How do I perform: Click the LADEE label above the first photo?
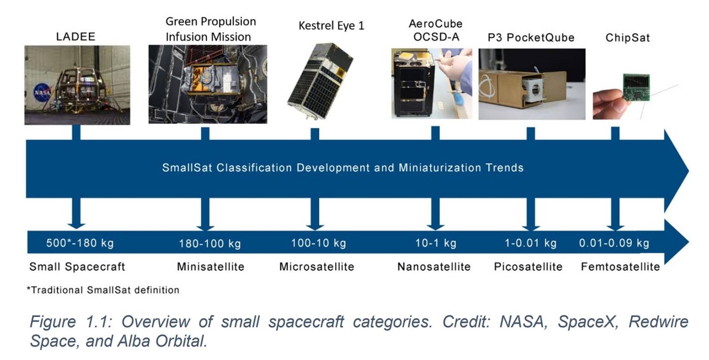(x=75, y=37)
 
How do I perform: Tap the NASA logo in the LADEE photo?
(x=42, y=93)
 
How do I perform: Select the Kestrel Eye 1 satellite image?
(x=320, y=81)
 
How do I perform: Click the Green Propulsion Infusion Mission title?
(x=210, y=29)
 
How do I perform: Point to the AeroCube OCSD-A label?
(x=436, y=31)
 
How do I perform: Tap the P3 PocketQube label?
(x=531, y=38)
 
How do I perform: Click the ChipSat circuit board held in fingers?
(x=637, y=88)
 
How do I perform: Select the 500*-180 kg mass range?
(x=80, y=243)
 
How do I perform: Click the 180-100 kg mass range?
(x=210, y=244)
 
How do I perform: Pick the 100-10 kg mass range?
(x=319, y=243)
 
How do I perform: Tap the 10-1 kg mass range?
(x=435, y=243)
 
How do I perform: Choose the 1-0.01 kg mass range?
(x=531, y=243)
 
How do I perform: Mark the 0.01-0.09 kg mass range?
(x=614, y=243)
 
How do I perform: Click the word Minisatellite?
(x=210, y=267)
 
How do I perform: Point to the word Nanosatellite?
(x=434, y=267)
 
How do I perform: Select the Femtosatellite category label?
(x=620, y=267)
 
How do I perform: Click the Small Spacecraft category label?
(x=77, y=267)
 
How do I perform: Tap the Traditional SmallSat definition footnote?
(x=103, y=290)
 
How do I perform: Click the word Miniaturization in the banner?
(x=440, y=168)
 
